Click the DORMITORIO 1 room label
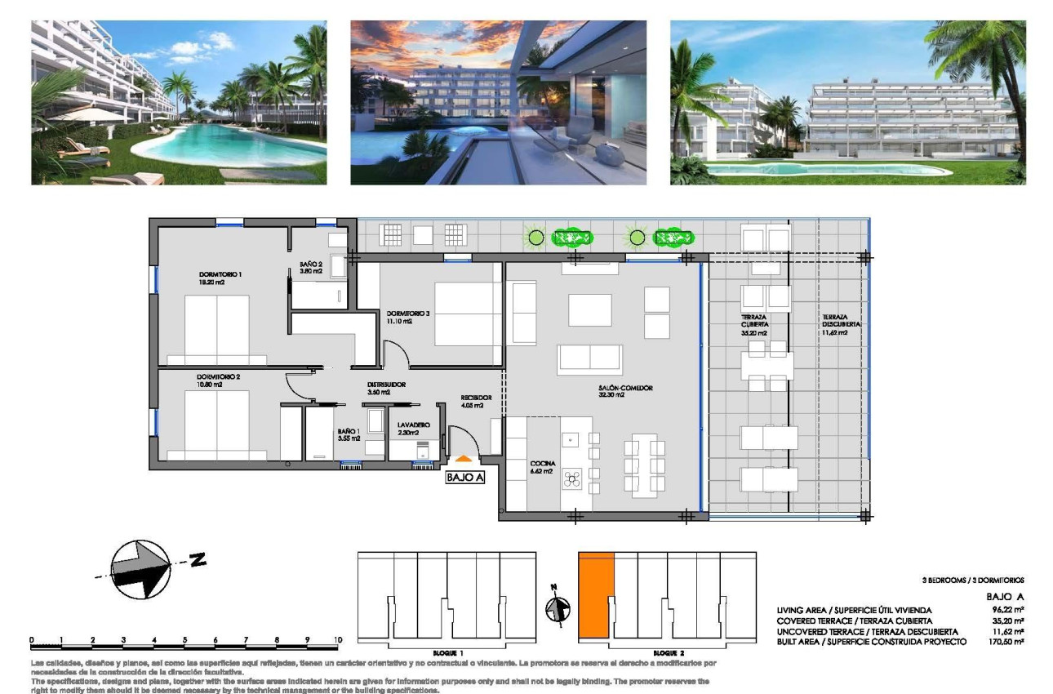click(x=220, y=274)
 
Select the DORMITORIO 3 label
click(x=407, y=313)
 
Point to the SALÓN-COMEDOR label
click(x=624, y=389)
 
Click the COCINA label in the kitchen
click(x=542, y=463)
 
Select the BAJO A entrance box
click(x=465, y=478)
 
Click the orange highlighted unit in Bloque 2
click(x=595, y=594)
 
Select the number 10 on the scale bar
click(x=338, y=639)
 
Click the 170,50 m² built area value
click(x=1007, y=643)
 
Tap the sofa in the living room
click(x=589, y=359)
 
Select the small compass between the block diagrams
click(x=558, y=607)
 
